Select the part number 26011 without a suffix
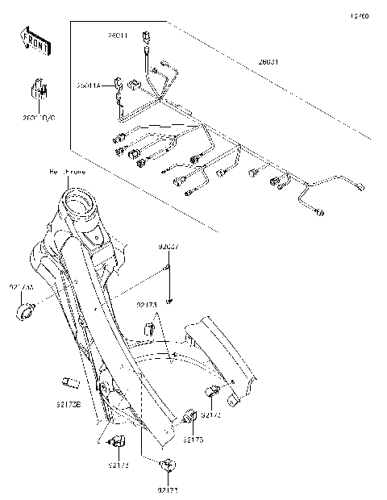point(119,35)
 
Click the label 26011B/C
point(39,117)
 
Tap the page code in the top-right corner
point(360,15)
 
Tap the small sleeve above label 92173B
point(69,382)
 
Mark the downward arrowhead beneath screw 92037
point(170,302)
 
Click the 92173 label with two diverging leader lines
point(147,306)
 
